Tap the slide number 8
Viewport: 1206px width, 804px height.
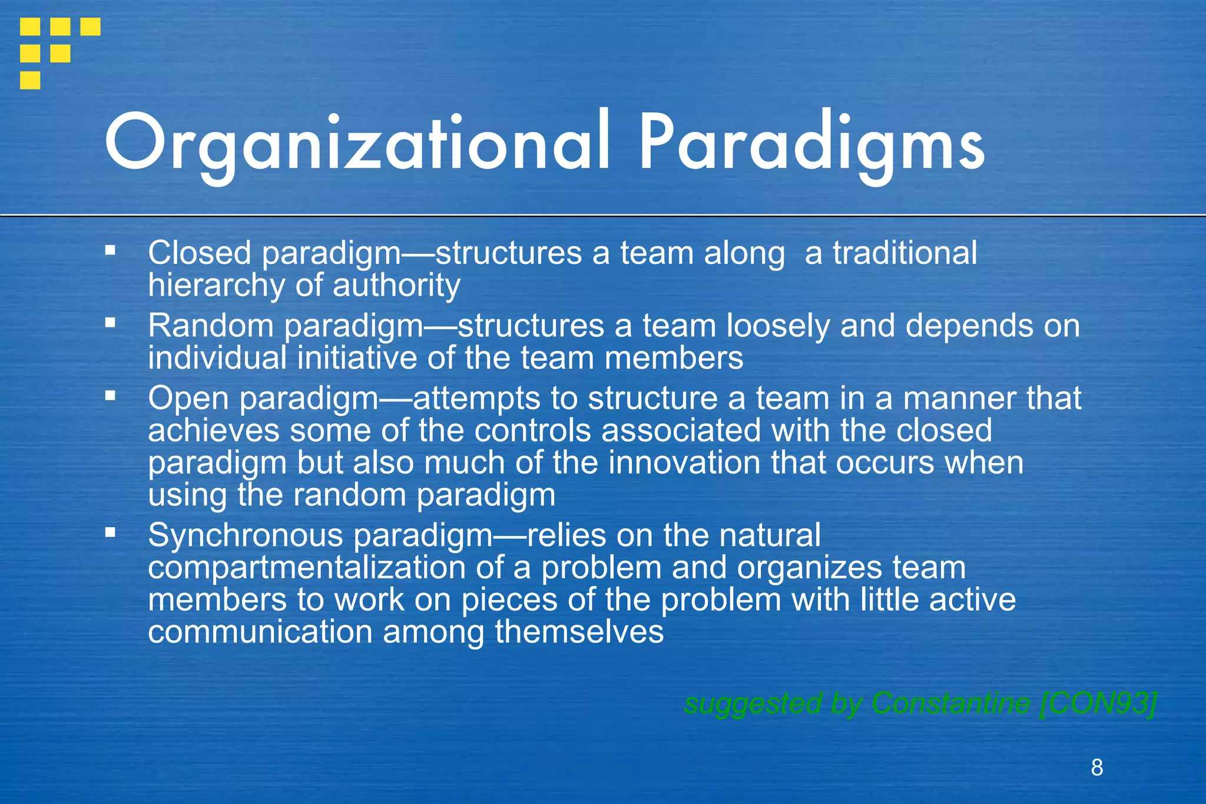tap(1096, 767)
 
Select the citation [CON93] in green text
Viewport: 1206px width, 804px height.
tap(1098, 703)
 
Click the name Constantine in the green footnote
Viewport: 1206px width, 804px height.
tap(950, 703)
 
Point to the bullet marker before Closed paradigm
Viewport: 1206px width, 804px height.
tap(110, 250)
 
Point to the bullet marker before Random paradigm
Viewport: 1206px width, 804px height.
tap(110, 323)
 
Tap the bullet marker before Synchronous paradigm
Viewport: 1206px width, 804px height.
tap(110, 532)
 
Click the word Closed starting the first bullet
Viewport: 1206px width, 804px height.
tap(200, 253)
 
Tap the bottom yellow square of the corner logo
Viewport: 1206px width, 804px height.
tap(30, 80)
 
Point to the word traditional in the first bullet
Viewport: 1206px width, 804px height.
tap(904, 253)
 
